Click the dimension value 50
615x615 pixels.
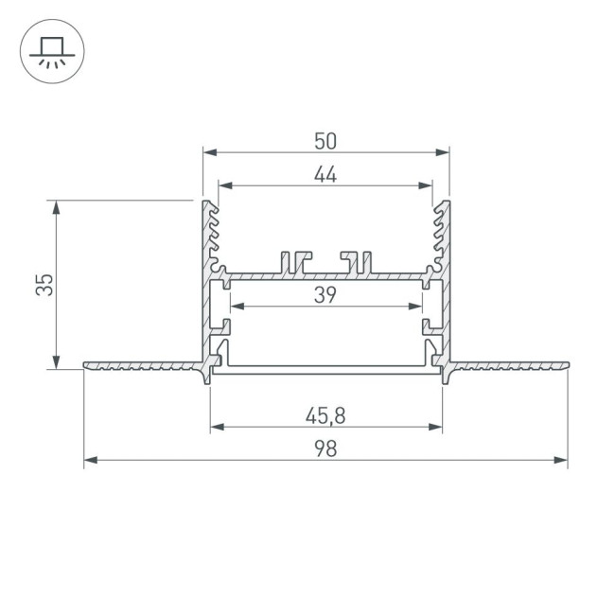tap(325, 141)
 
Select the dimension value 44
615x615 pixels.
tap(325, 174)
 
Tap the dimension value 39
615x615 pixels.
tap(325, 294)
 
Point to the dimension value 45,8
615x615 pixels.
tap(325, 413)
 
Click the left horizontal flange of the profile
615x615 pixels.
tap(142, 365)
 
